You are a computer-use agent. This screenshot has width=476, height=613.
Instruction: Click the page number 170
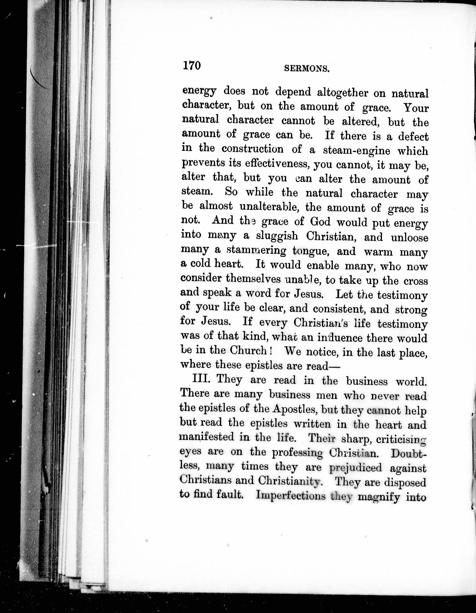coord(192,66)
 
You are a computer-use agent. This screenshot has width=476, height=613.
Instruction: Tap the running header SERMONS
coord(307,69)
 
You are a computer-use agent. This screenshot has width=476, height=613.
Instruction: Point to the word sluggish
coord(277,236)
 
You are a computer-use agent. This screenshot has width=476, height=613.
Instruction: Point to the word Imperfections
coord(291,496)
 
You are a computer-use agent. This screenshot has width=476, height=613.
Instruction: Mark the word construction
coord(253,149)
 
